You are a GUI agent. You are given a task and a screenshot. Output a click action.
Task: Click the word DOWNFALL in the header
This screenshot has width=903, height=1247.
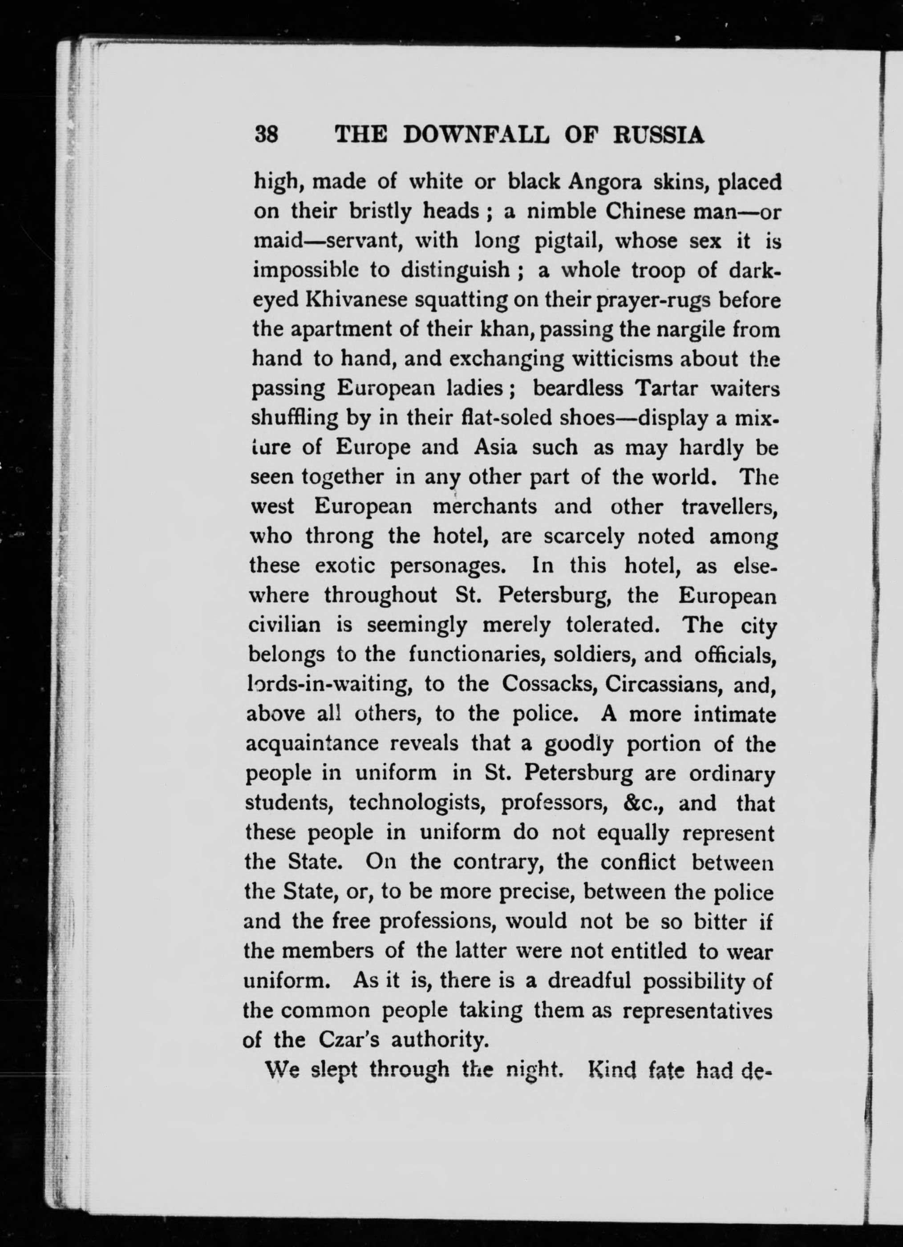coord(476,135)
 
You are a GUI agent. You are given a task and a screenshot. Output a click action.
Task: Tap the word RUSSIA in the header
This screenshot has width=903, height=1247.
coord(659,135)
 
